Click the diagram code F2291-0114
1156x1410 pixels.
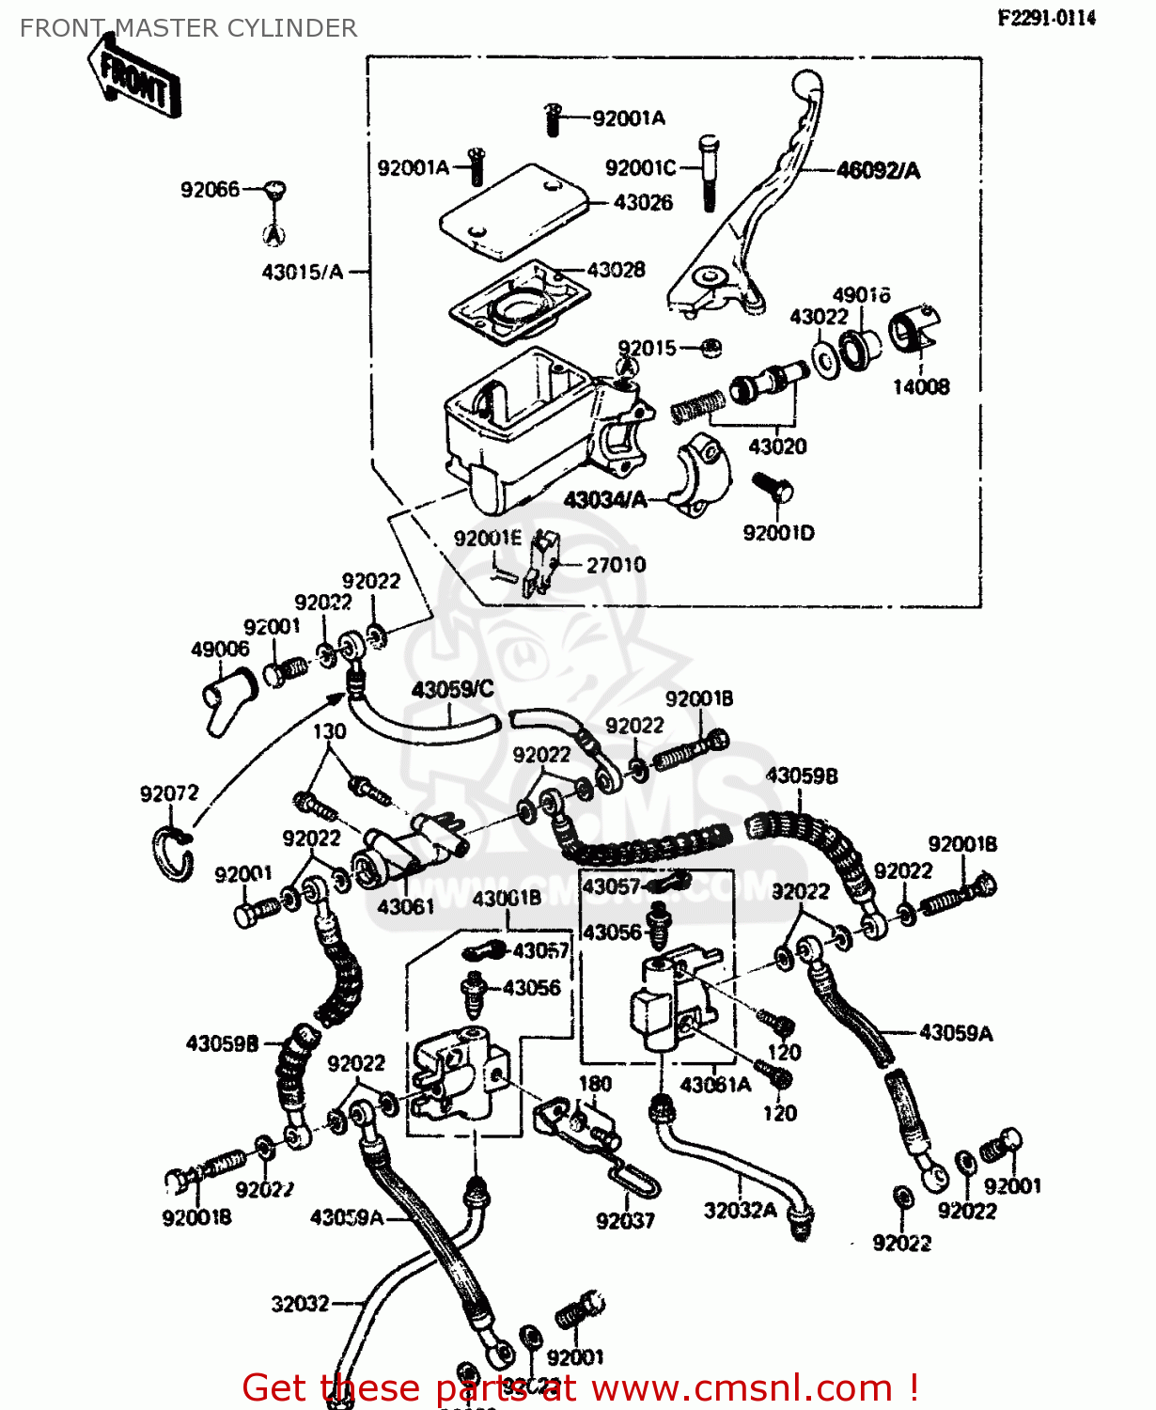(1046, 18)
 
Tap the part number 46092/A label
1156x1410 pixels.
(878, 171)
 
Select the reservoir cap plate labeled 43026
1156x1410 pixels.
(512, 213)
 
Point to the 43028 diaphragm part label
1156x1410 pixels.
(616, 271)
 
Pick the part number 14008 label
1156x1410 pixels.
(920, 386)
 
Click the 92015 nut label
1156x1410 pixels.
(647, 349)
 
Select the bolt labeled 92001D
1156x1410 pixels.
(773, 488)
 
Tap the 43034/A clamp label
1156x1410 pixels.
(605, 500)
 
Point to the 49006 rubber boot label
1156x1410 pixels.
(220, 650)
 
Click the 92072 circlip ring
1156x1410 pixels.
(173, 854)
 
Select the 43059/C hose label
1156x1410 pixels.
(452, 690)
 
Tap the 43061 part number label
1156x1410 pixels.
(406, 906)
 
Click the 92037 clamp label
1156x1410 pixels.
(625, 1221)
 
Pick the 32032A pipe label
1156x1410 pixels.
(740, 1211)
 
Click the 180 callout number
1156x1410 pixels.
(595, 1084)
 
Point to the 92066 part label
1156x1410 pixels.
(210, 190)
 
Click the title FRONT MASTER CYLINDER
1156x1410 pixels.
(188, 28)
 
